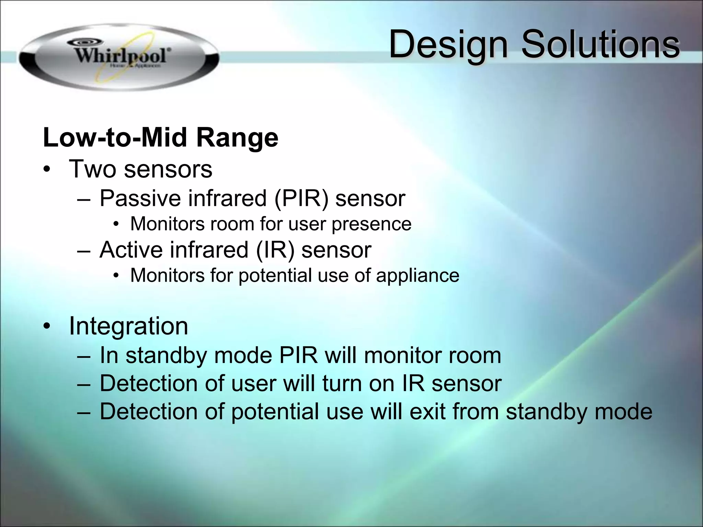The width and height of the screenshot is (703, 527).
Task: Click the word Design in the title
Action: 448,45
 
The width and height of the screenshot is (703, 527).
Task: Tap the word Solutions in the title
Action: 600,45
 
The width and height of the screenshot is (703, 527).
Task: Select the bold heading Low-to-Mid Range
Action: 160,138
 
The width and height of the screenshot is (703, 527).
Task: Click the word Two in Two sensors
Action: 92,169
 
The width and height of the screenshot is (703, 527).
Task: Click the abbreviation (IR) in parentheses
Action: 275,249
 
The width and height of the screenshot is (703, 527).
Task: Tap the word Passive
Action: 140,198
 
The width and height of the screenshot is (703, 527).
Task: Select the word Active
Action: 131,249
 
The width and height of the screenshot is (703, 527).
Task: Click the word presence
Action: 371,224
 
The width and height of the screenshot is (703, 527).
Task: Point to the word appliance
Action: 417,276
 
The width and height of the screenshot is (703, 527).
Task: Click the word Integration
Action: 128,326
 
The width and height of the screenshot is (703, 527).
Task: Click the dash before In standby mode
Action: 83,356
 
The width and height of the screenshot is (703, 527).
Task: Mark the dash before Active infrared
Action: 83,250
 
